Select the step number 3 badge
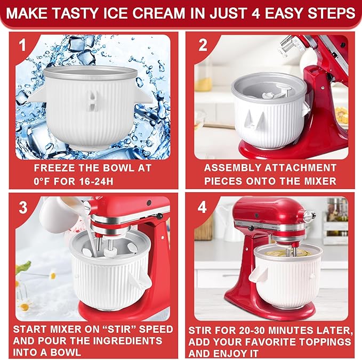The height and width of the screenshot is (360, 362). coord(23,207)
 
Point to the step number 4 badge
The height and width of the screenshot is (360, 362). coord(204,207)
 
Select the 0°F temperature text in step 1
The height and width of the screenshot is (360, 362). coord(45,181)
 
